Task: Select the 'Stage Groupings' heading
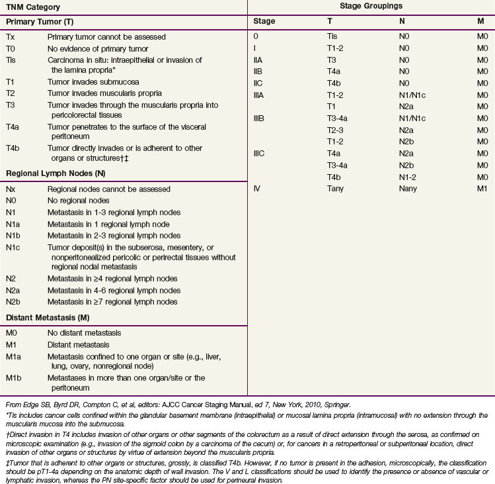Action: pyautogui.click(x=371, y=6)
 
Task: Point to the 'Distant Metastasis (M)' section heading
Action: pyautogui.click(x=48, y=317)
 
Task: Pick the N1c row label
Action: pyautogui.click(x=13, y=248)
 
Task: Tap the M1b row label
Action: pyautogui.click(x=14, y=378)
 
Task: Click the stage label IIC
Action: pyautogui.click(x=258, y=83)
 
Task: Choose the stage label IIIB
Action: pyautogui.click(x=259, y=119)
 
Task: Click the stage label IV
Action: pyautogui.click(x=257, y=189)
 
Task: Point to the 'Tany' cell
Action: pyautogui.click(x=335, y=189)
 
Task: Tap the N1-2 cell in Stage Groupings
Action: pyautogui.click(x=408, y=177)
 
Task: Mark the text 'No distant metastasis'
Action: pyautogui.click(x=85, y=333)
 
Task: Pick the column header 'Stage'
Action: pyautogui.click(x=264, y=21)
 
